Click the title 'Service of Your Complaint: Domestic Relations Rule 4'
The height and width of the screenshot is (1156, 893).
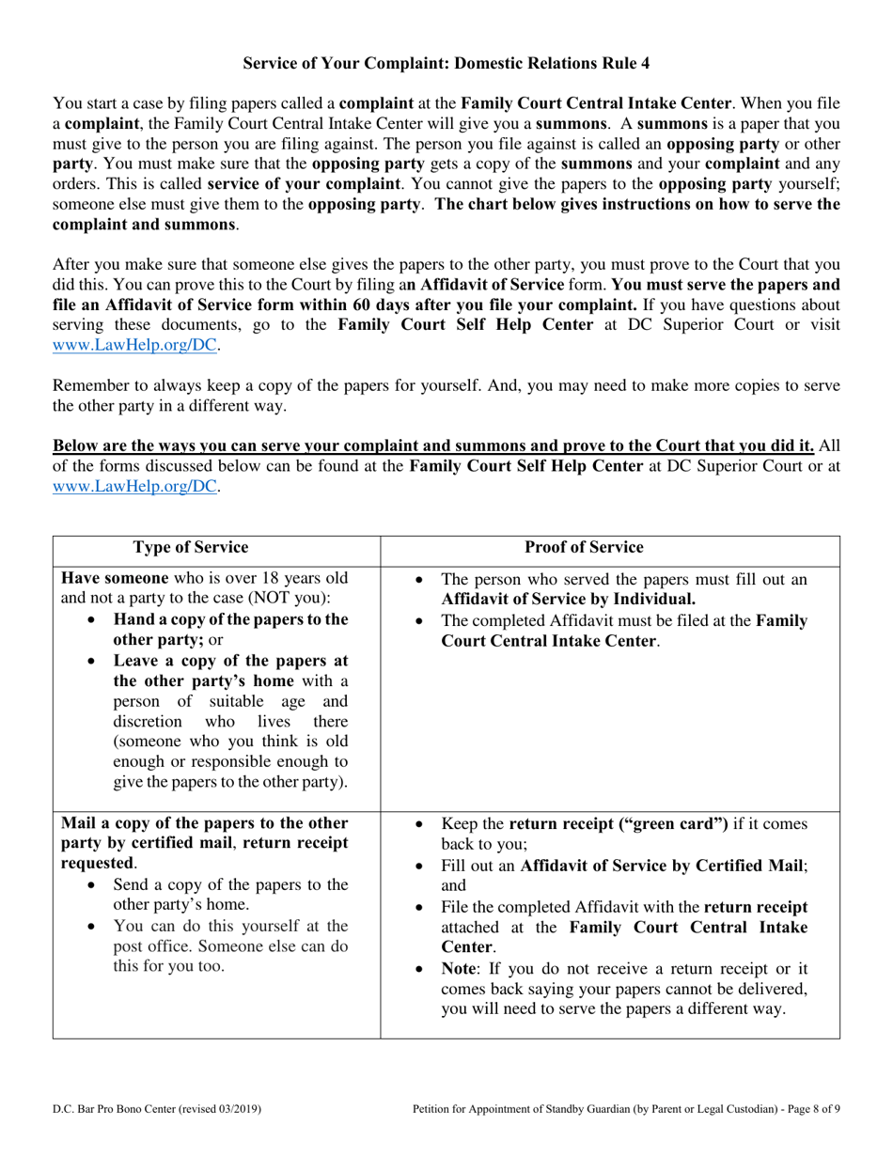point(446,63)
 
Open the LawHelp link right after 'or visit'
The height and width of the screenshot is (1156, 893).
point(137,346)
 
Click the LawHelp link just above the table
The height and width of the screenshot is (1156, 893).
point(137,486)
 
